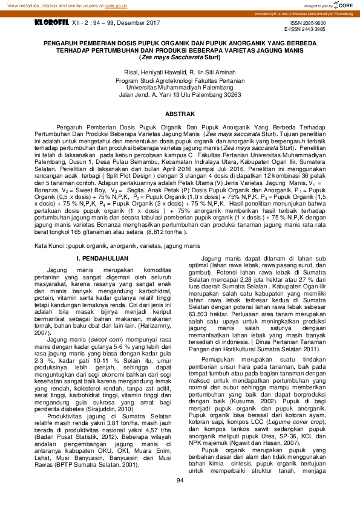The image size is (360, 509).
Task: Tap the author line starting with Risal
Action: point(180,71)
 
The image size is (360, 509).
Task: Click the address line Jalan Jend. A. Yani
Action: point(180,95)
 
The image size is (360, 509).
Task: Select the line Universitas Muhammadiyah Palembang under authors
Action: point(180,87)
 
